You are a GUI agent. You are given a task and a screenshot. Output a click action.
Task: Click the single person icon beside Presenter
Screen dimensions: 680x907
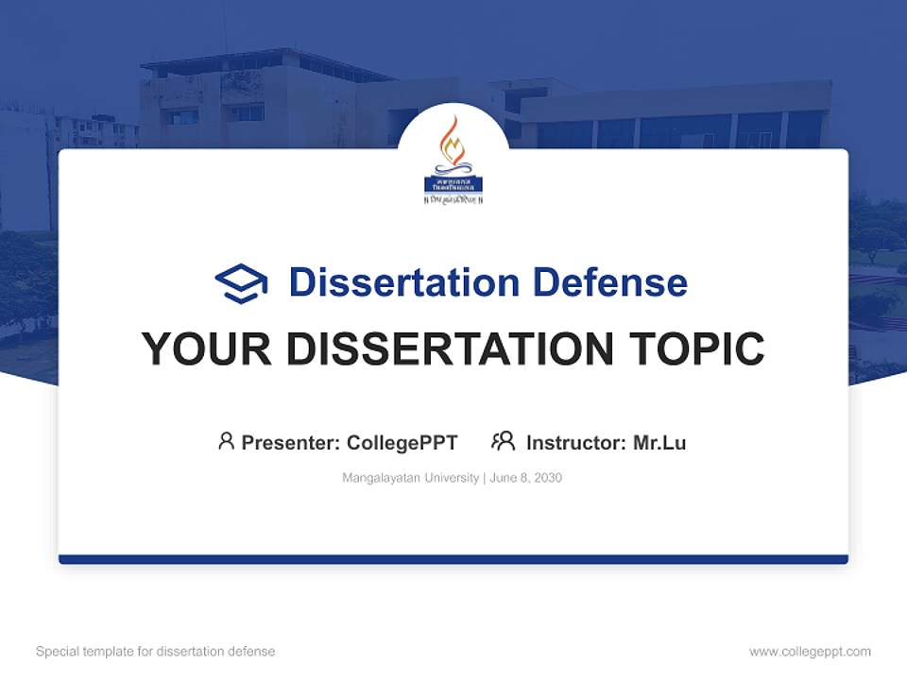pos(226,441)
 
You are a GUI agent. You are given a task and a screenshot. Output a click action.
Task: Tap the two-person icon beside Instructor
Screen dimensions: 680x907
pos(503,441)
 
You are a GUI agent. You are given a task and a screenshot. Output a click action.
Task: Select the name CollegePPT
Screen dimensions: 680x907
pos(402,442)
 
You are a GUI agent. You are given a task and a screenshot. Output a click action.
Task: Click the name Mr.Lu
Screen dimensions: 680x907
pos(659,442)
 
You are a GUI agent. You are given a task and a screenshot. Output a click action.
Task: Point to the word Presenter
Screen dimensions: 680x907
pos(290,442)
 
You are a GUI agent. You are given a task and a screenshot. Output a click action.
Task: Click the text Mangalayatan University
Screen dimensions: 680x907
pos(410,478)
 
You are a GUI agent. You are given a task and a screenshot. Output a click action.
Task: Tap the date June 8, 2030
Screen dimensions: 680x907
pos(526,478)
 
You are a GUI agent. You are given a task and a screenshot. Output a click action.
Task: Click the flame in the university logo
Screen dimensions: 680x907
pos(453,142)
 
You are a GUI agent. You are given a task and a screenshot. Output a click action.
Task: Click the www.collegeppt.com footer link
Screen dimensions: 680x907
pos(810,652)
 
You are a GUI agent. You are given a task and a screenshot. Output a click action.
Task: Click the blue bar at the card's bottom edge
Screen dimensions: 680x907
pos(453,559)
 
